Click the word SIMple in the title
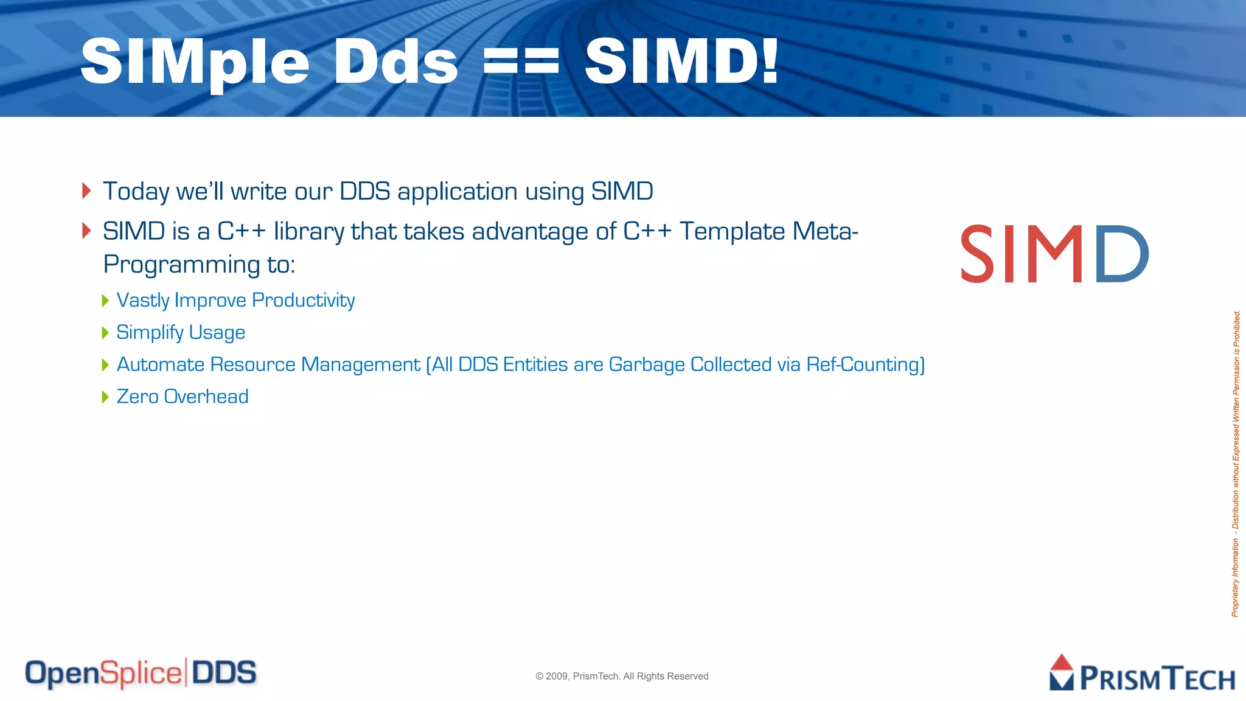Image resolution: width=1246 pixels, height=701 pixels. point(195,62)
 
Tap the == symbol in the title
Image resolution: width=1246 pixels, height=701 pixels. point(521,62)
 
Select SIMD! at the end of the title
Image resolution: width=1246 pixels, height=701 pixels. point(681,61)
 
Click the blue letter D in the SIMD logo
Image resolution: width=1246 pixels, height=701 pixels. point(1121,254)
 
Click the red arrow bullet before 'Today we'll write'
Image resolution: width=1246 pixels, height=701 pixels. point(86,190)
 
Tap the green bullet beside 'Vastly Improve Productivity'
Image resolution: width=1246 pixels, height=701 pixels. point(105,300)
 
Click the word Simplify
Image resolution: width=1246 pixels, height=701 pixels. point(150,332)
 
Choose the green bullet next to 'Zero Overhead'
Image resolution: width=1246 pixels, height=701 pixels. point(105,397)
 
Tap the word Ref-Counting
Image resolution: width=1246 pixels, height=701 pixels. point(865,364)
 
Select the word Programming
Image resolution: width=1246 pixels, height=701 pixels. point(182,265)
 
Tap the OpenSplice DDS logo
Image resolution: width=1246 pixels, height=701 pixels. point(141,673)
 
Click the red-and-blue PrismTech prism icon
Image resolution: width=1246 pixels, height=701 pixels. point(1062,672)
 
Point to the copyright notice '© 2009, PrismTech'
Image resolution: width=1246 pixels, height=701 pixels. point(622,676)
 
